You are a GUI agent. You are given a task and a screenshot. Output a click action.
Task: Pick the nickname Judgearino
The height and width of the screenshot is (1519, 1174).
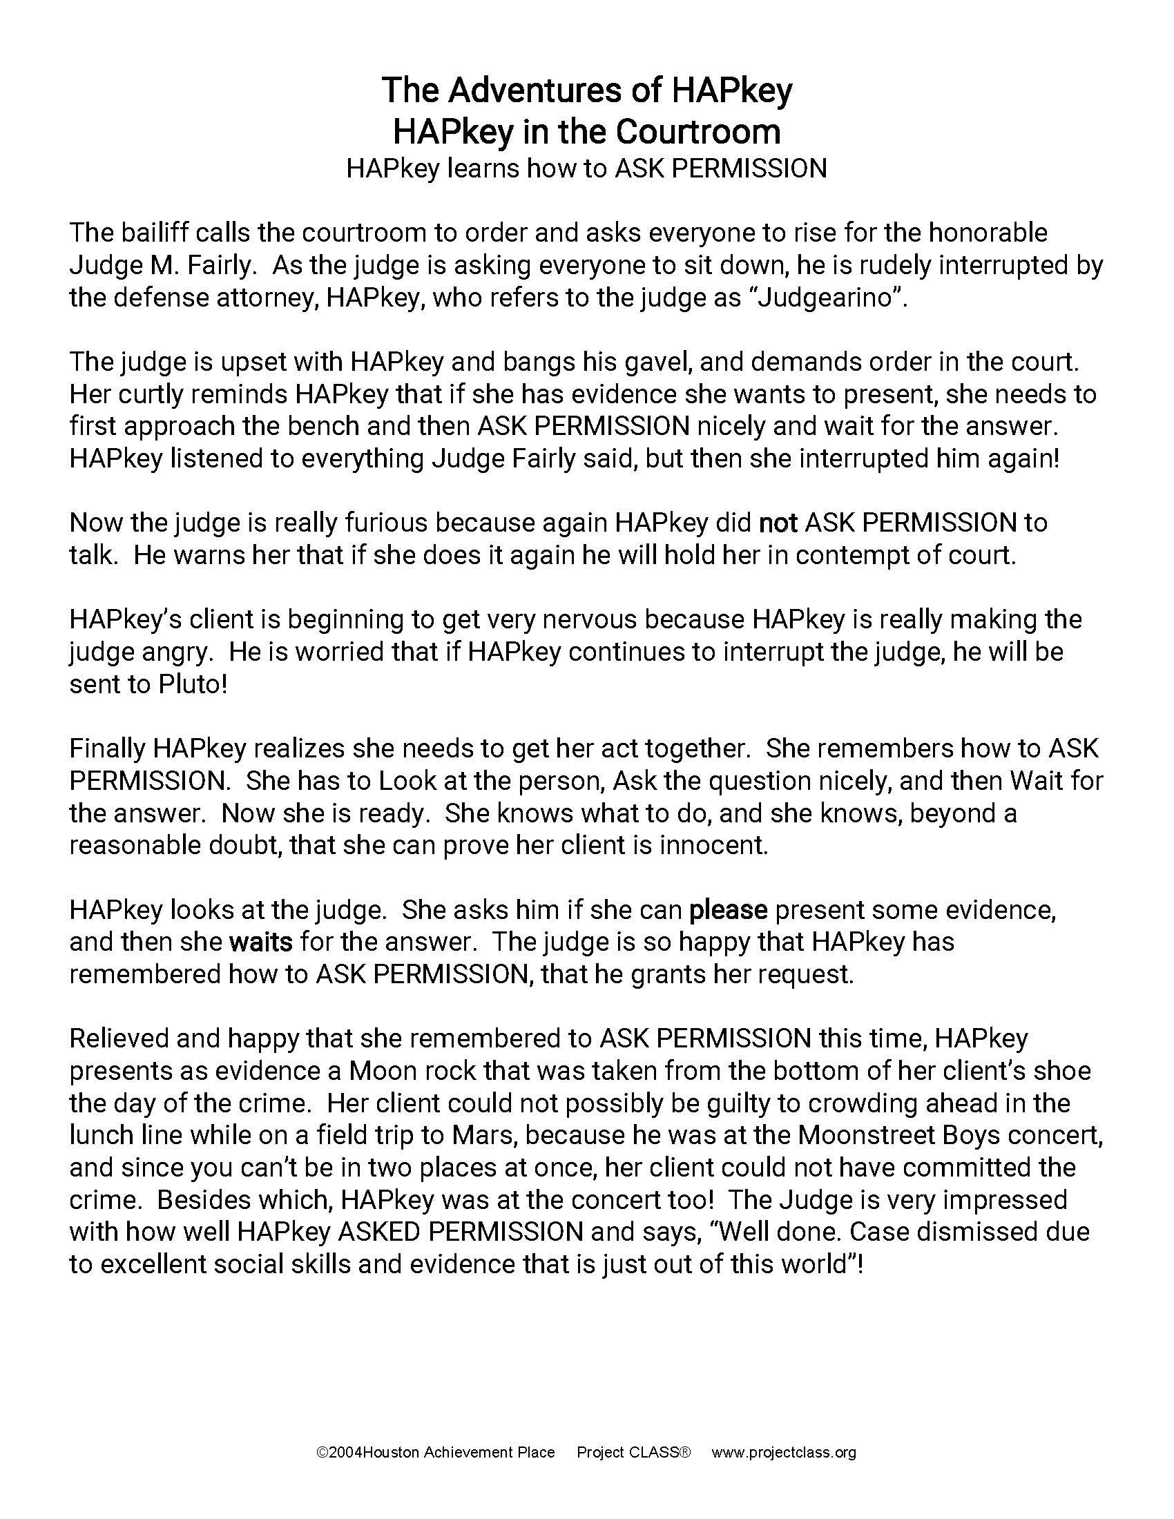pos(823,298)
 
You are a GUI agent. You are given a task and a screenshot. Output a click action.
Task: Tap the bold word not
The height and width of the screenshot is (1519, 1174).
pos(778,523)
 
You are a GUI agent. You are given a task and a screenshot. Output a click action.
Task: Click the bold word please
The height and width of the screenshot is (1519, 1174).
pos(728,910)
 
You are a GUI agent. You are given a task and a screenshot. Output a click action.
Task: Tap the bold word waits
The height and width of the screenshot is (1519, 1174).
pos(261,942)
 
